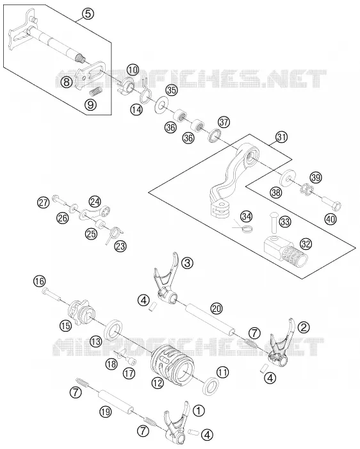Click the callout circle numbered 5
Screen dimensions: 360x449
pos(88,13)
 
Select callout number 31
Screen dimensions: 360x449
pos(281,137)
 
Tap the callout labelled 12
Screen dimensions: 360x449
pos(158,382)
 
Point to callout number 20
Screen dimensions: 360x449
pos(217,308)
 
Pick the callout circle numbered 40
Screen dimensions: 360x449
pos(331,219)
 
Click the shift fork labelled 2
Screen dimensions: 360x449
pos(281,343)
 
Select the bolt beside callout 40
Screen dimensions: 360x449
pos(332,203)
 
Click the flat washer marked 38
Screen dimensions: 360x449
pos(288,178)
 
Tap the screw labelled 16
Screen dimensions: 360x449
pos(51,294)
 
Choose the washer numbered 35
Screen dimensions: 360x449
pos(161,106)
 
